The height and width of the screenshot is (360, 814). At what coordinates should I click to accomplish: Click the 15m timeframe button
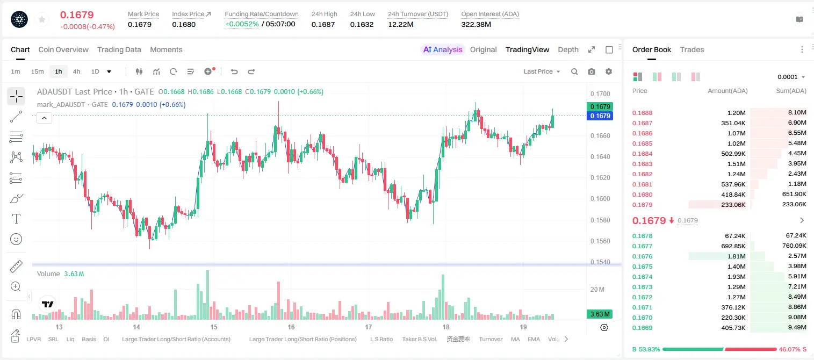38,71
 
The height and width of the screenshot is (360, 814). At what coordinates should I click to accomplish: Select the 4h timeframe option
76,71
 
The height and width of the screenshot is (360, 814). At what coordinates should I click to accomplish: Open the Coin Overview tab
63,49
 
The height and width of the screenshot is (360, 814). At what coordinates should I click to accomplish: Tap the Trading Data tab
119,49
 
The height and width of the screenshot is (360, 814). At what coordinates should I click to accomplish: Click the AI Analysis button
443,49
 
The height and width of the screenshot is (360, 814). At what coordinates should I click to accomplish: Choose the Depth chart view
568,49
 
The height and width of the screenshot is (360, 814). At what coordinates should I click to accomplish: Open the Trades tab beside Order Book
692,49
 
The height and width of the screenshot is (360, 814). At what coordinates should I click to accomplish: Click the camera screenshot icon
592,71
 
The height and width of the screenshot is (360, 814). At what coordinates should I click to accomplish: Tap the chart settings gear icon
609,71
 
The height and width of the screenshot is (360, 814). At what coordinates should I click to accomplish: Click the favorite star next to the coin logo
42,20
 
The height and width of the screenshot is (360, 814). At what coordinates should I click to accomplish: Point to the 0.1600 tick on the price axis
600,199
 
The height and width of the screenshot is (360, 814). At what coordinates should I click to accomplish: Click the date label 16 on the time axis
291,327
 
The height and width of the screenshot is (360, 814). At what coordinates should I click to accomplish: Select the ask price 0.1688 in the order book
642,113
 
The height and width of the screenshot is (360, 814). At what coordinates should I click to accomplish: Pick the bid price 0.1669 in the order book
642,328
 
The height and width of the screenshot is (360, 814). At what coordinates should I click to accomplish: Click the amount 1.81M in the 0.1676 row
736,256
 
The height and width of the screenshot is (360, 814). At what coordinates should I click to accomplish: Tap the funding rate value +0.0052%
242,24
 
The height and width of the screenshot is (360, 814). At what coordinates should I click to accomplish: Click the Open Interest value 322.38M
476,24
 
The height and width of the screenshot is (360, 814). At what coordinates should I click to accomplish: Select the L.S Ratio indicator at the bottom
381,339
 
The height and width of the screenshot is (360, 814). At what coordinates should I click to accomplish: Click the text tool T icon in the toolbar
16,219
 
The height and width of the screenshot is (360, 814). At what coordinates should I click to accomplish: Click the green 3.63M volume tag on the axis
600,314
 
